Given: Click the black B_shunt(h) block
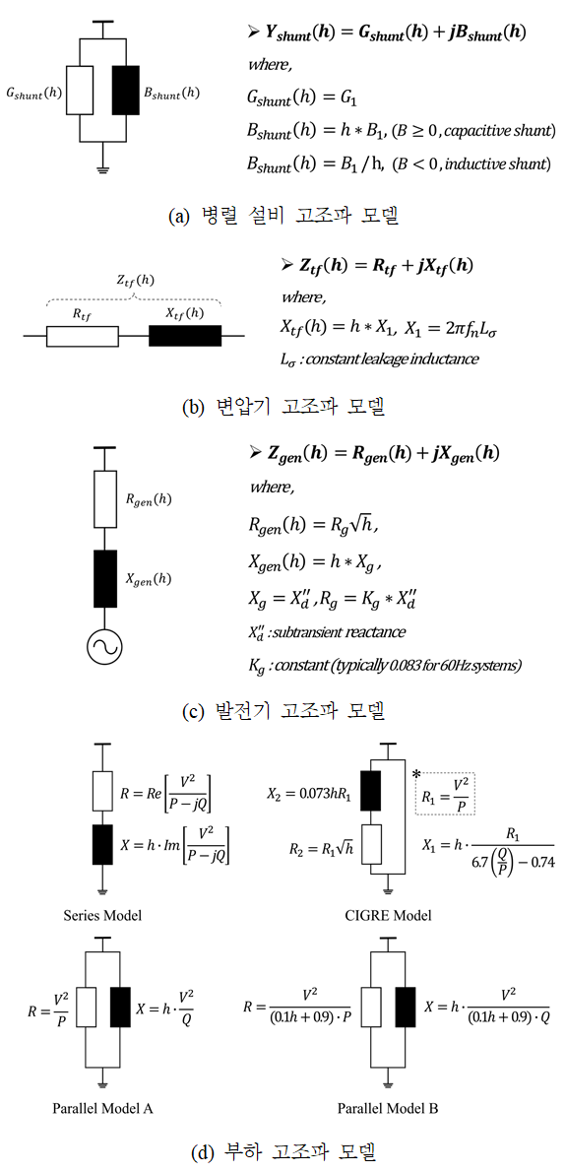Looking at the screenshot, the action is (x=124, y=90).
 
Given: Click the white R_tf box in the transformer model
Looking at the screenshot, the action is (x=83, y=337).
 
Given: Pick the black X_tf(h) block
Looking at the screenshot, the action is (x=185, y=337).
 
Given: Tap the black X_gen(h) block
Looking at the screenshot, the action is (x=102, y=576).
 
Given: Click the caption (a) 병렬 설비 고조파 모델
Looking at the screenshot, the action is (x=282, y=217).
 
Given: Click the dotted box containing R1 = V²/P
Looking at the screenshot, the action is (x=445, y=795).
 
